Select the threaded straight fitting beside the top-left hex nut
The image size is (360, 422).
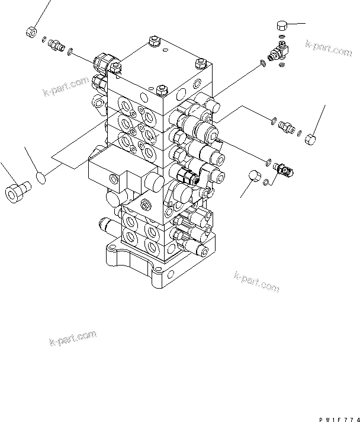click(x=57, y=46)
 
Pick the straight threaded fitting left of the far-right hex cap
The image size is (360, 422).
click(x=287, y=127)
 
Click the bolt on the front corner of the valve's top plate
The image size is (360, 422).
click(x=164, y=91)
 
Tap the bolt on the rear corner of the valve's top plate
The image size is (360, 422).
click(x=153, y=41)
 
